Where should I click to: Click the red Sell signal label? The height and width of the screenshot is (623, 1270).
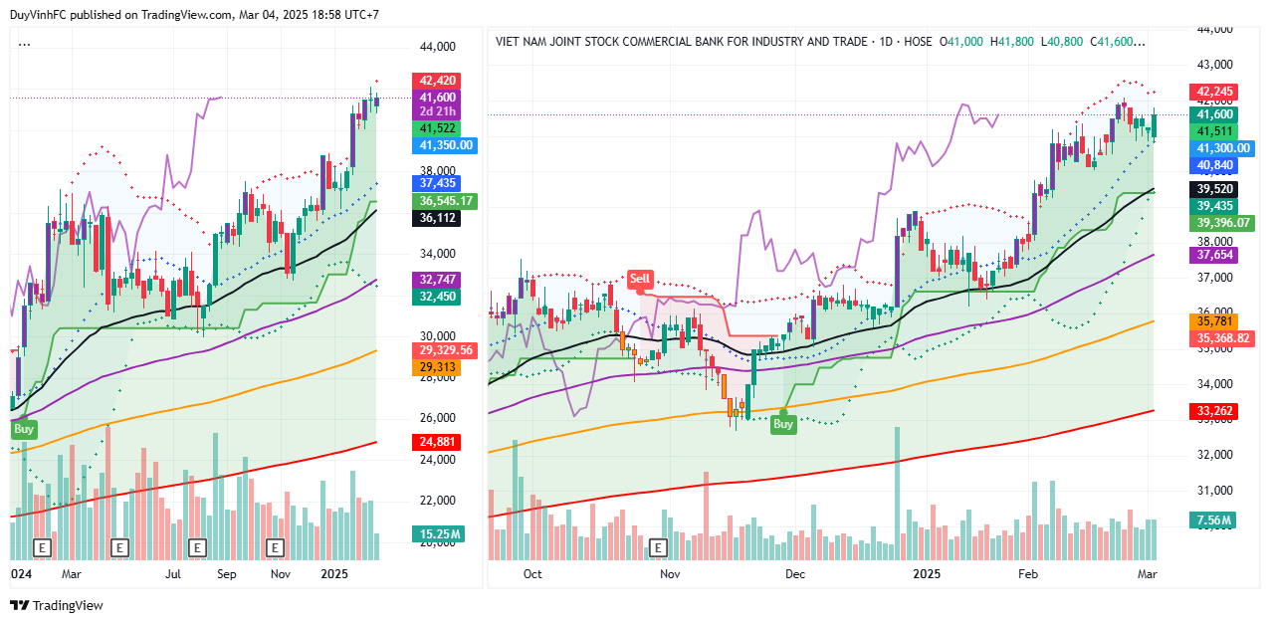(x=640, y=279)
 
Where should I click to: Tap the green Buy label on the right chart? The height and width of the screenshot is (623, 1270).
(x=783, y=424)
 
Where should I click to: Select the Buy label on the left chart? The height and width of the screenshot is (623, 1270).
(x=24, y=429)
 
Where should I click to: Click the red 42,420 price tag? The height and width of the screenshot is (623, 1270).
(x=438, y=81)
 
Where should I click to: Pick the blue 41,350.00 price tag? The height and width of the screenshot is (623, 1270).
(x=446, y=145)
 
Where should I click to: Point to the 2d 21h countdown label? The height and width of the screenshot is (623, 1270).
(x=438, y=112)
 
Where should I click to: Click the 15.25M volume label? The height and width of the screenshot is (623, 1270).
(x=438, y=534)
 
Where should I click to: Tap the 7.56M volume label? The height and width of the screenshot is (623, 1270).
(x=1212, y=520)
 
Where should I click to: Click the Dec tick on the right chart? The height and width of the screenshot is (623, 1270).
(x=794, y=574)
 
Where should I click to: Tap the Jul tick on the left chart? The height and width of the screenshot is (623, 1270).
(x=173, y=574)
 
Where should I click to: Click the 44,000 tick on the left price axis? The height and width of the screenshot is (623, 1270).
(x=437, y=47)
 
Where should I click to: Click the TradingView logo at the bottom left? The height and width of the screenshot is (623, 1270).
(x=57, y=605)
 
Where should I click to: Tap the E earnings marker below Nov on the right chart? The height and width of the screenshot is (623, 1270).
(x=656, y=547)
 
